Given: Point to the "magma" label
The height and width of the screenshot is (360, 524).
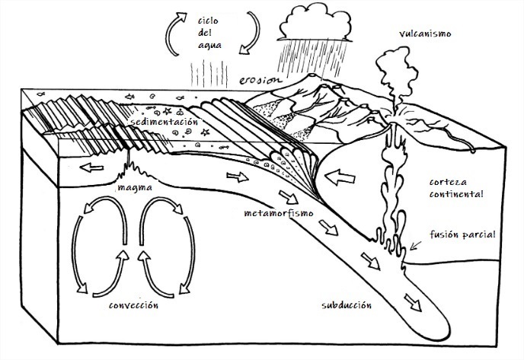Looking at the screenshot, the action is [x=134, y=186].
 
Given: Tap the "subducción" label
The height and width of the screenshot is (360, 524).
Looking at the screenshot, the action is [x=346, y=305].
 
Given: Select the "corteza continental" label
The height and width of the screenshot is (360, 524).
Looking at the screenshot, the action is [x=456, y=189].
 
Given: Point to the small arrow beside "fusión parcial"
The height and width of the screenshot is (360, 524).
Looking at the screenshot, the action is [x=415, y=244].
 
